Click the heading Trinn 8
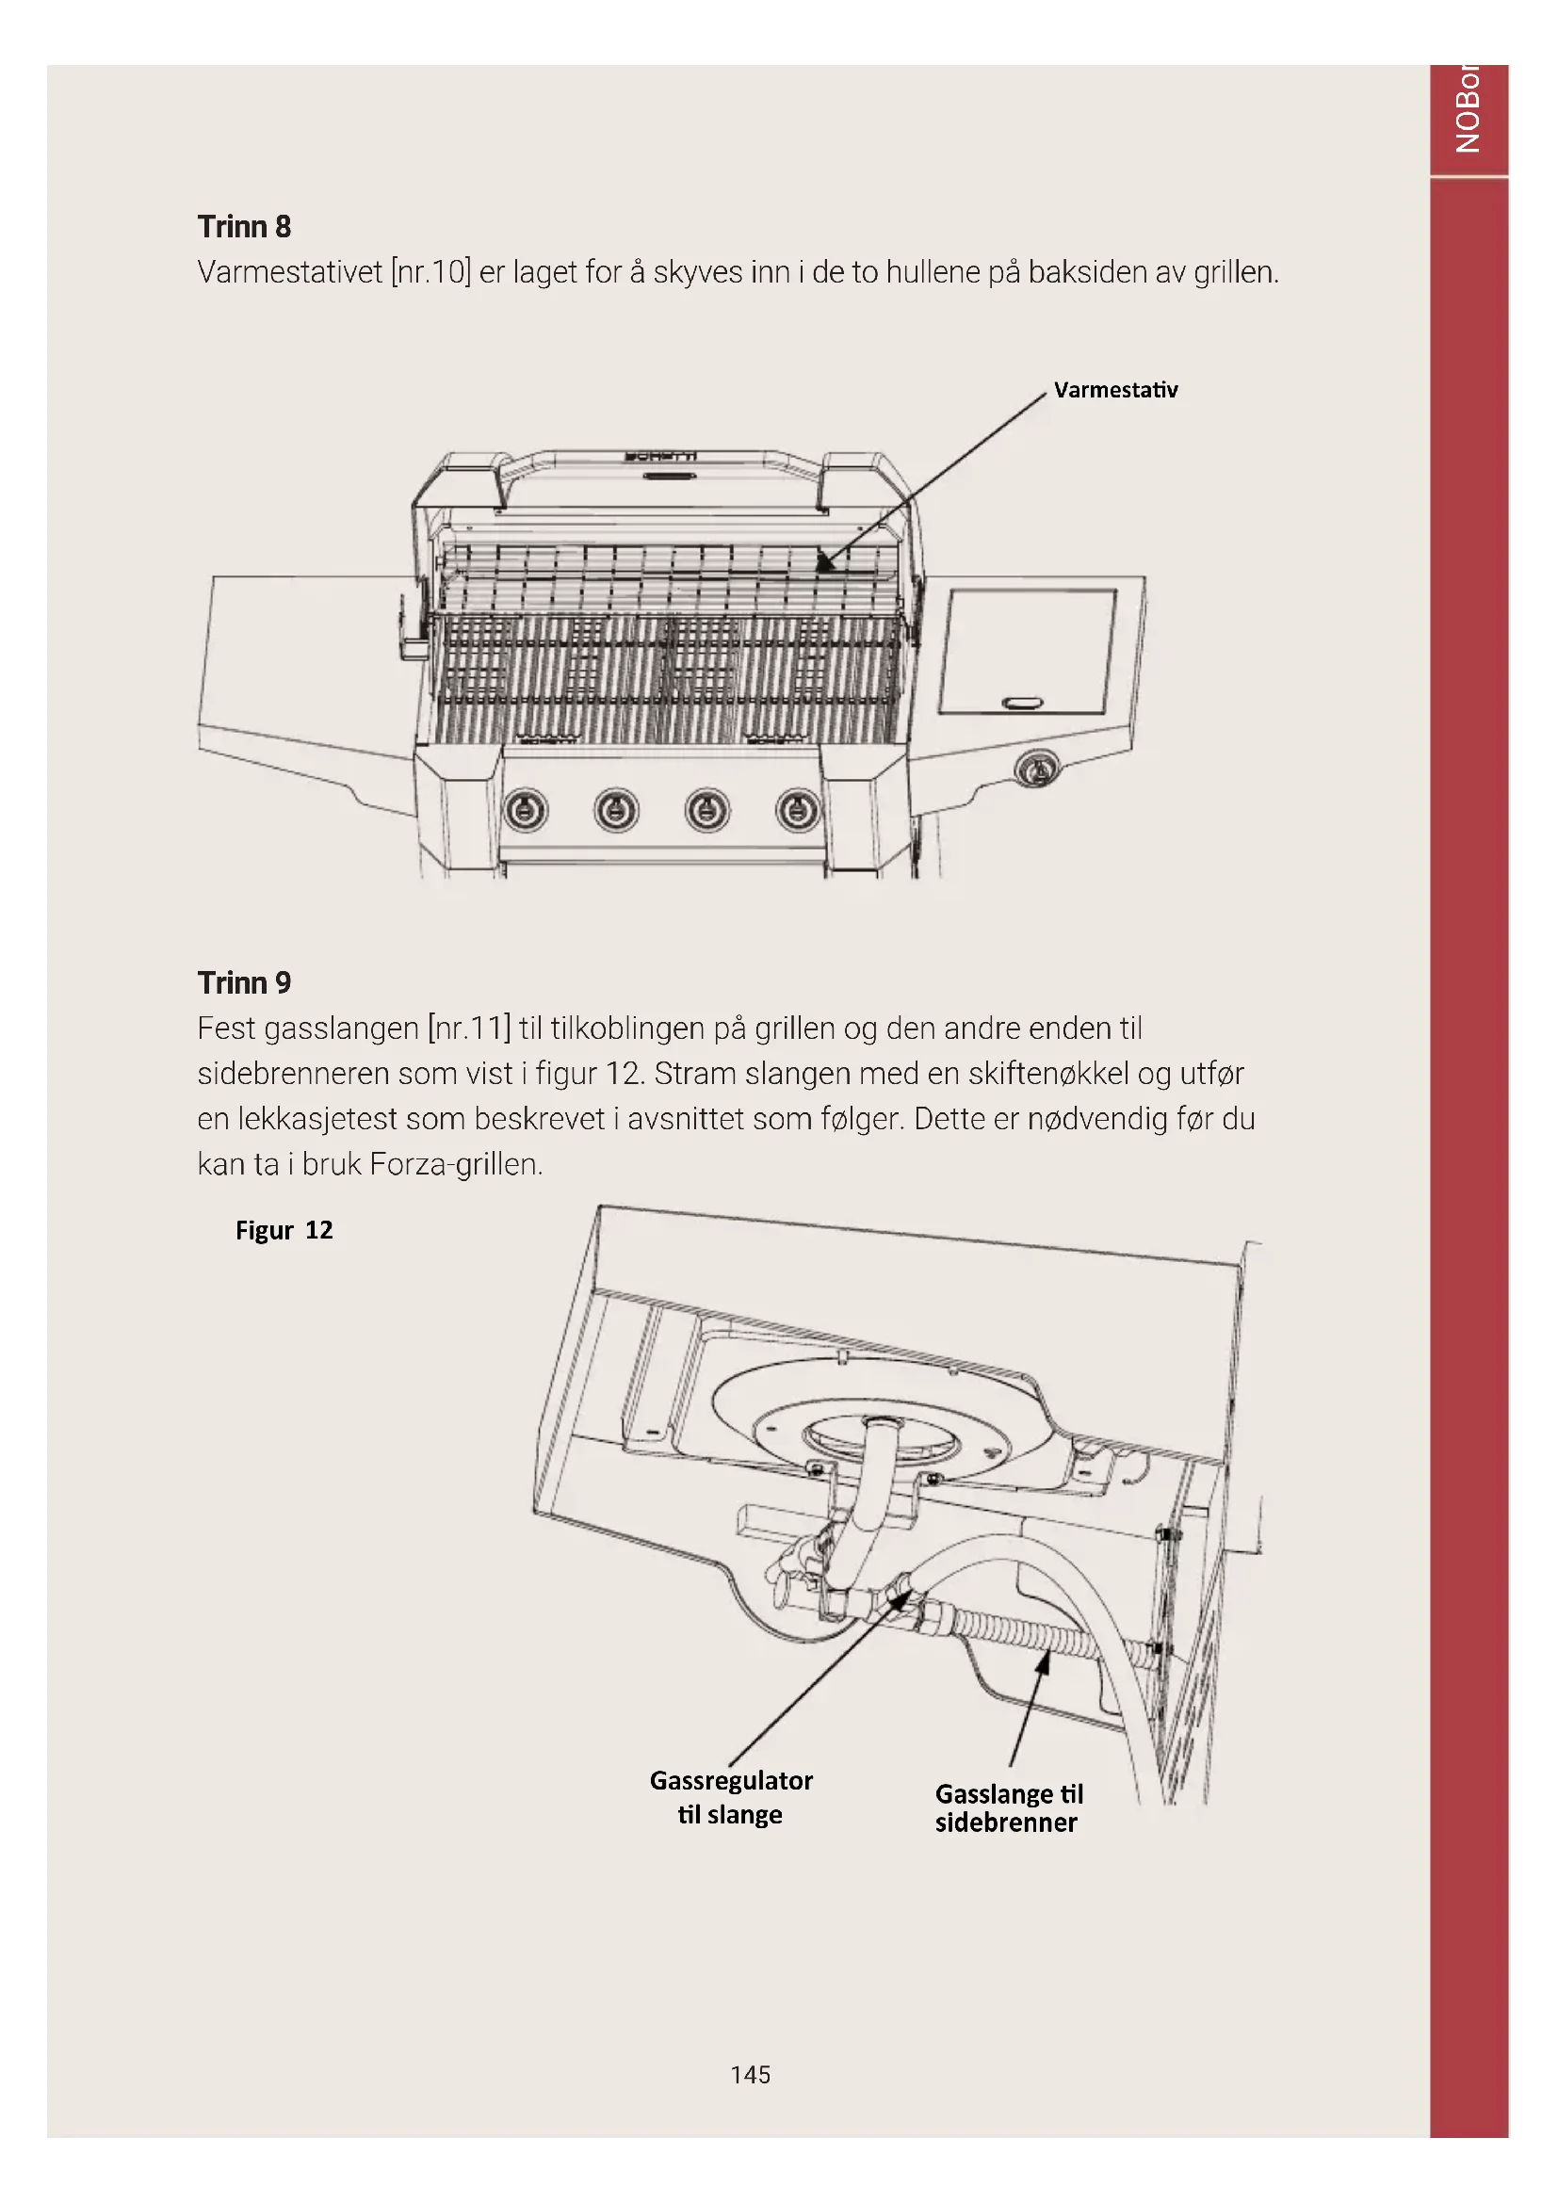(244, 226)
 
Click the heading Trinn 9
(244, 982)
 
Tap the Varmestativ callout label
(1114, 390)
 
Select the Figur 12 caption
(284, 1230)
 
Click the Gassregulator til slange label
(731, 1797)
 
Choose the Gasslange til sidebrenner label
(1007, 1807)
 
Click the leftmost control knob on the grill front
(526, 811)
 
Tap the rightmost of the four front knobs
(797, 811)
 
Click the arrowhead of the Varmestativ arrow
(823, 564)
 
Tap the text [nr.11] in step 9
(469, 1029)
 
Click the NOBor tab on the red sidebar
(1468, 110)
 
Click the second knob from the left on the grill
(616, 811)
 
